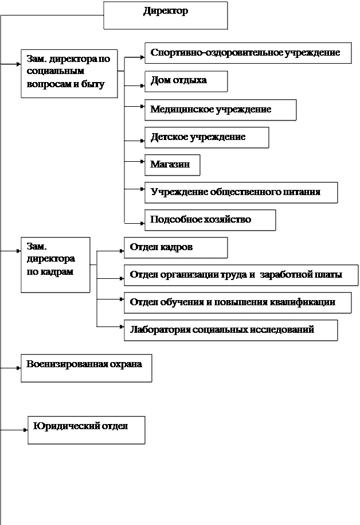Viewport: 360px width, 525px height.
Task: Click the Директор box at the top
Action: pos(165,15)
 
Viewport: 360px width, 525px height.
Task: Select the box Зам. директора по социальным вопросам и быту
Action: pos(69,73)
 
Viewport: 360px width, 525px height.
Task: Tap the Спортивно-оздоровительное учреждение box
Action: pos(248,53)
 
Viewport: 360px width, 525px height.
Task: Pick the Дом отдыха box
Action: pos(186,81)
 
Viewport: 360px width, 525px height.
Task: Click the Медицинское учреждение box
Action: pos(220,110)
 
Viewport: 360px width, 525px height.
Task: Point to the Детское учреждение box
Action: pos(206,137)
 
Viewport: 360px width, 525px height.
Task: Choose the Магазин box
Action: pos(172,165)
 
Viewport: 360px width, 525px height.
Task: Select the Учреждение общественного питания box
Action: pos(241,192)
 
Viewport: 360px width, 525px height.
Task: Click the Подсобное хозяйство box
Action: pos(210,220)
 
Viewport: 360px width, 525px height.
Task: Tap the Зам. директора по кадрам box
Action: pos(55,265)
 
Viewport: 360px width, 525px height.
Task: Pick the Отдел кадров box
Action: pos(175,247)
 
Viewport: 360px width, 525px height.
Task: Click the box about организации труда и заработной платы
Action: pos(237,275)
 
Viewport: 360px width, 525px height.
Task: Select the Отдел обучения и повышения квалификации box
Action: pos(237,302)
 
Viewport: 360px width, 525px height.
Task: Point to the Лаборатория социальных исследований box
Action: pos(230,330)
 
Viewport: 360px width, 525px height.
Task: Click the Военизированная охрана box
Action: pos(86,368)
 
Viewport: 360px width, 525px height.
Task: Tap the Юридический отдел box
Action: pos(86,430)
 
